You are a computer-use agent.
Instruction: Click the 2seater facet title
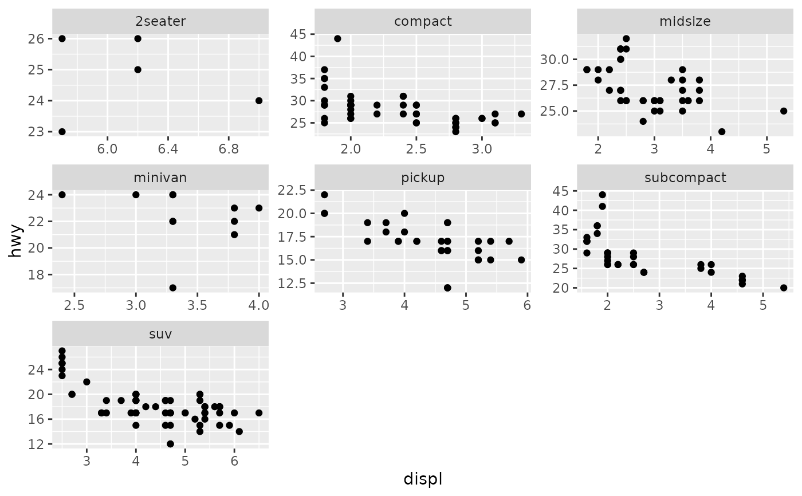[x=160, y=22]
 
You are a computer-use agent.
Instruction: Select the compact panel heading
[x=423, y=22]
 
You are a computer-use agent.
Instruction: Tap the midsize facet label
[x=685, y=22]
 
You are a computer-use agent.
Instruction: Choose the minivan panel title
[x=160, y=178]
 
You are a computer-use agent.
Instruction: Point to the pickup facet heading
[x=423, y=178]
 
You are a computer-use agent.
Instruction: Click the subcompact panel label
[x=685, y=178]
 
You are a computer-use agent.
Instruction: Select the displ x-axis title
[x=423, y=479]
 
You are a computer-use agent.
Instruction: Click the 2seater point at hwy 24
[x=258, y=101]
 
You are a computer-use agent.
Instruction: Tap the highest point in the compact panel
[x=337, y=39]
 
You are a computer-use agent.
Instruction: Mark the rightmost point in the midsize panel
[x=784, y=111]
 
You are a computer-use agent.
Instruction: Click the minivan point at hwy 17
[x=172, y=288]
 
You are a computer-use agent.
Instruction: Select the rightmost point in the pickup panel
[x=521, y=259]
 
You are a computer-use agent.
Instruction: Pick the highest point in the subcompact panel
[x=602, y=195]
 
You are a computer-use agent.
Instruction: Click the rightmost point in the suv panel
[x=259, y=412]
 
